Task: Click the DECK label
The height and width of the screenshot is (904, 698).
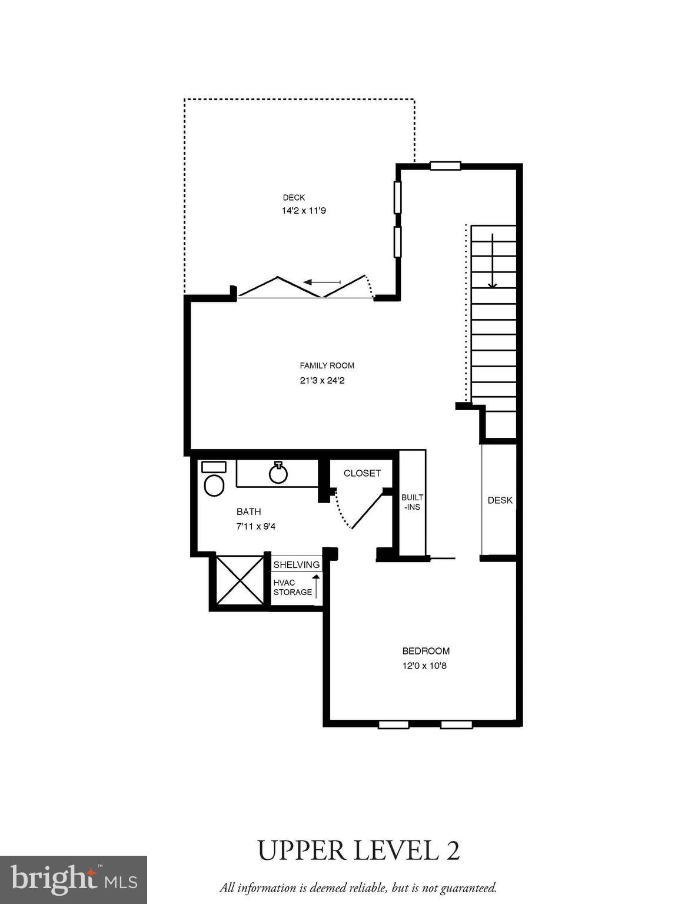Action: pyautogui.click(x=294, y=198)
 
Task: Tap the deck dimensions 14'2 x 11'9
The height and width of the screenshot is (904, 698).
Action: pyautogui.click(x=303, y=210)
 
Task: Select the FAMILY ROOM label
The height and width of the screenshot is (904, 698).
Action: pyautogui.click(x=327, y=365)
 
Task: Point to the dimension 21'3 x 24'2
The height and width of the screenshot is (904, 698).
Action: pyautogui.click(x=321, y=381)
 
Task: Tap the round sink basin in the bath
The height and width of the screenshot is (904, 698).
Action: pyautogui.click(x=278, y=473)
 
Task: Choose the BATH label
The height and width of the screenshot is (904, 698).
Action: pyautogui.click(x=248, y=511)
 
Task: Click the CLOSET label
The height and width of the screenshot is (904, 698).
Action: pyautogui.click(x=362, y=473)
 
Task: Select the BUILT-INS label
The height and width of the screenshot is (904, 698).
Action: pyautogui.click(x=412, y=502)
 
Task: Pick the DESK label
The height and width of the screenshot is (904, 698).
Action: pyautogui.click(x=500, y=500)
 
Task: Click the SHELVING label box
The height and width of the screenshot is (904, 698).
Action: pyautogui.click(x=297, y=564)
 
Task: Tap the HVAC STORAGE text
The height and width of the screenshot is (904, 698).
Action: pyautogui.click(x=292, y=587)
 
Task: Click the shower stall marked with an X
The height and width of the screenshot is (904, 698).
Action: pyautogui.click(x=240, y=580)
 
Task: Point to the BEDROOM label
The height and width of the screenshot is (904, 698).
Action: pyautogui.click(x=426, y=651)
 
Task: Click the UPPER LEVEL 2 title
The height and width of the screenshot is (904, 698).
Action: pyautogui.click(x=358, y=851)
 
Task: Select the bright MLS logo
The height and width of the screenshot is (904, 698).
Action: pyautogui.click(x=73, y=880)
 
